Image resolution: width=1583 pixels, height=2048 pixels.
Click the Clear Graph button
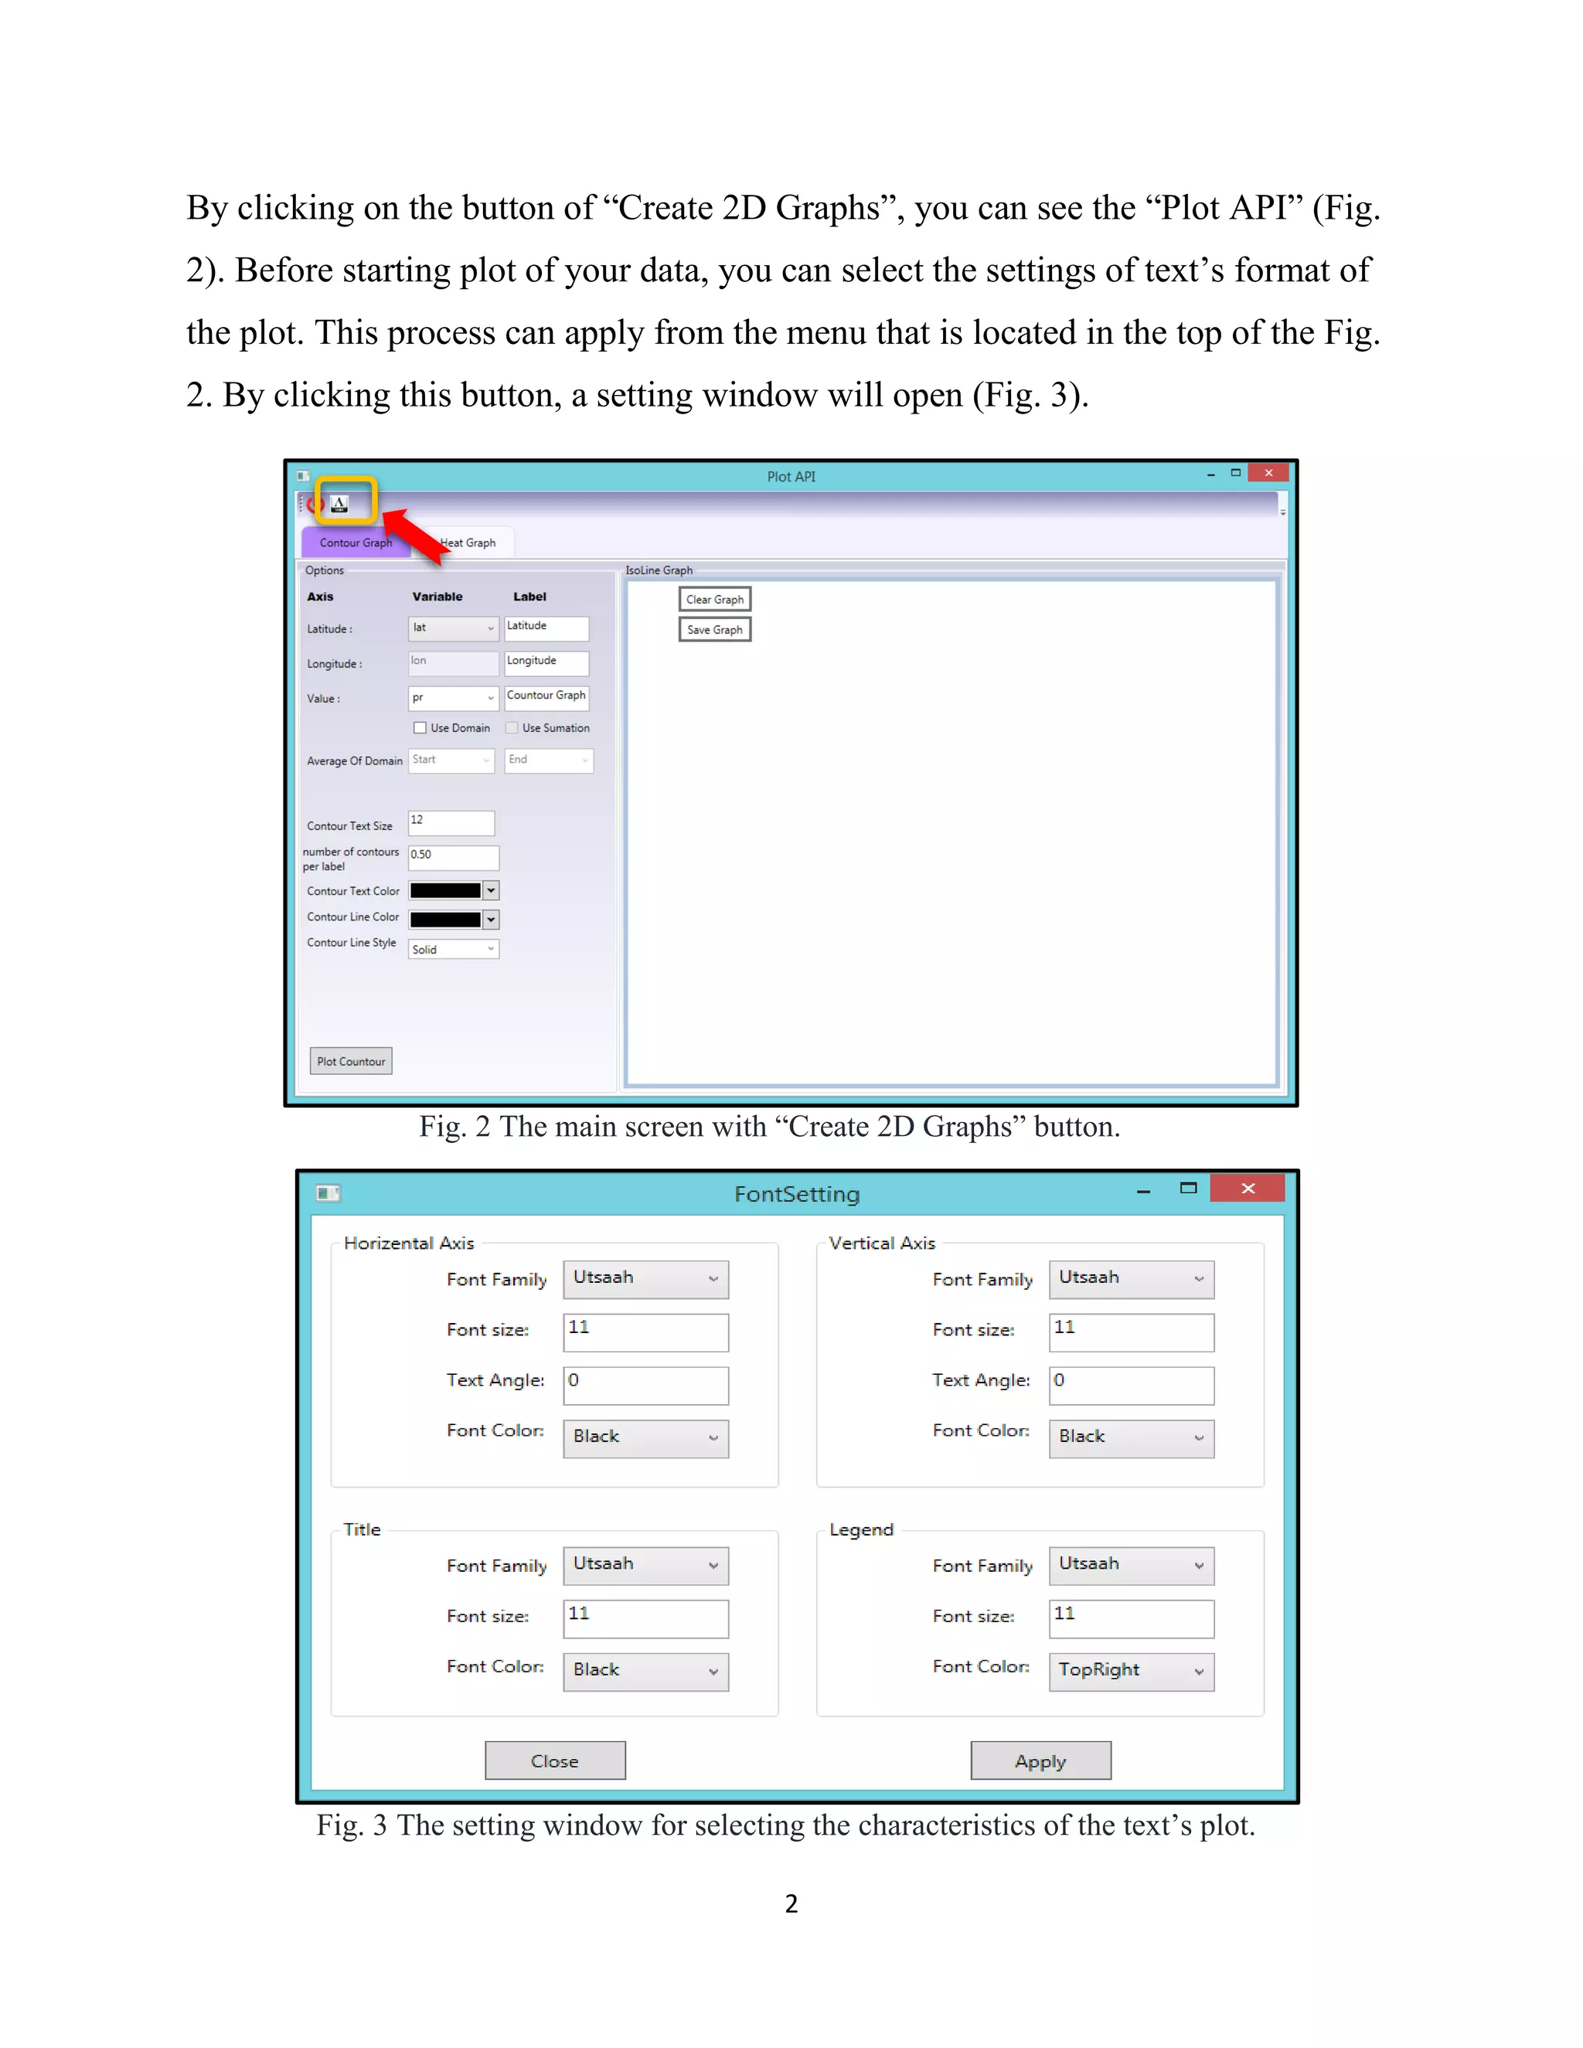coord(715,599)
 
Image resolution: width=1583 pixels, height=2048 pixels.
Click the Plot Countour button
coord(351,1060)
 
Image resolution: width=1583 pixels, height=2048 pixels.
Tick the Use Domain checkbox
coord(420,728)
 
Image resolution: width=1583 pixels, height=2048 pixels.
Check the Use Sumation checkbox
coord(512,728)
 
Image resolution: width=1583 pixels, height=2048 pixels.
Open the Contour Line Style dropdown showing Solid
coord(453,949)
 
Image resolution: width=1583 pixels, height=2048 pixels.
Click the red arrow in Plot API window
coord(414,536)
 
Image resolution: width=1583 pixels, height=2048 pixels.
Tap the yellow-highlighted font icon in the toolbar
coord(340,504)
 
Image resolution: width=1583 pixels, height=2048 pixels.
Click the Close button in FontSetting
coord(555,1760)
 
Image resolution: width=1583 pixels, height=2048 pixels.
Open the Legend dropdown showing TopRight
coord(1131,1671)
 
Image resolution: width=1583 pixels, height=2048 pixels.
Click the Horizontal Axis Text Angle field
coord(645,1384)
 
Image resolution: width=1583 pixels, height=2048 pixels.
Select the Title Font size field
coord(645,1618)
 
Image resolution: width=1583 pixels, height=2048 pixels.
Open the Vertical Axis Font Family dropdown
coord(1131,1279)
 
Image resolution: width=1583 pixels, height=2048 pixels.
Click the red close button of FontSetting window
coord(1248,1188)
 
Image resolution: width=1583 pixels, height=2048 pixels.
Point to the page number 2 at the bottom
coord(791,1903)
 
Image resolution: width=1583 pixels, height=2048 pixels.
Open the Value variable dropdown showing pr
coord(452,698)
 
